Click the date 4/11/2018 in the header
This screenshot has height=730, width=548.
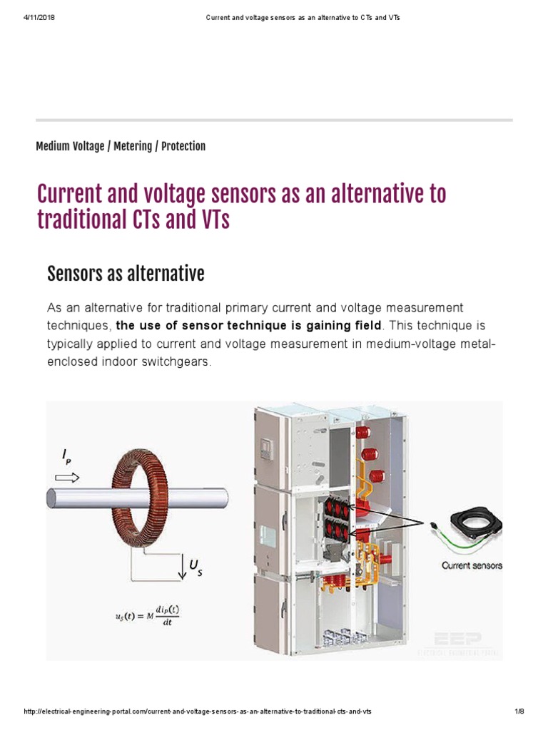pos(40,17)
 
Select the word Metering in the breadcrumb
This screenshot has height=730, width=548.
pos(132,146)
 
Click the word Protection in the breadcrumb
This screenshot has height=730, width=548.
pos(183,146)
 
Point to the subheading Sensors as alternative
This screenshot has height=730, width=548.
pos(126,273)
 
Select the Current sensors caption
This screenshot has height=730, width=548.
pos(472,565)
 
